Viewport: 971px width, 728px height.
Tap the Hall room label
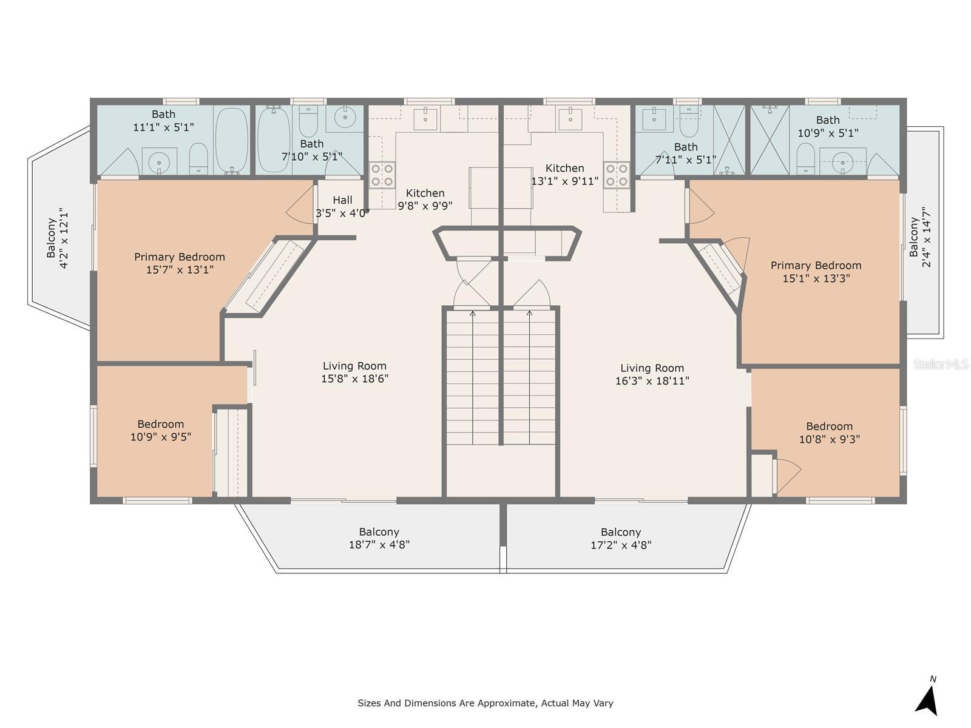(342, 200)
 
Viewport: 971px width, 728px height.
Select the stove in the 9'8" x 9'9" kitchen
(382, 175)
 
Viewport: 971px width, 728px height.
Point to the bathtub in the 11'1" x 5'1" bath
(231, 140)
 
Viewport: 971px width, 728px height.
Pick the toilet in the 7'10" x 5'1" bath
(308, 121)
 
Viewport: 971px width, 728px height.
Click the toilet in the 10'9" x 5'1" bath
(806, 159)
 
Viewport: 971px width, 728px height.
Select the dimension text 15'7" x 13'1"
(180, 269)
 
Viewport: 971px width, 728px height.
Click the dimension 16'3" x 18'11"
(652, 380)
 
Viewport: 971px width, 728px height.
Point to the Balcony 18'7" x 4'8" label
(379, 538)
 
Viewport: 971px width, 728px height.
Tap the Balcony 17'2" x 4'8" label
(621, 538)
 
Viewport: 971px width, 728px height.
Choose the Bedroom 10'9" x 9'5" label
(161, 431)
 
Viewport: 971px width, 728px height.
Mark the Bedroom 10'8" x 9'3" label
(829, 433)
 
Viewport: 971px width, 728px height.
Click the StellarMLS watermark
(941, 365)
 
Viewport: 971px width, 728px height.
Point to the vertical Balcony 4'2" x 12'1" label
(58, 238)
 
